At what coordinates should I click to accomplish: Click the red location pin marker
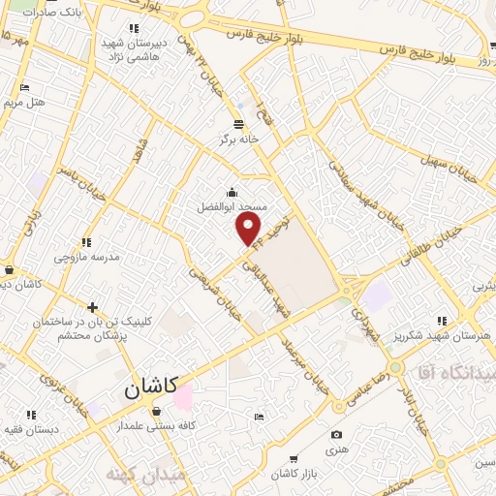tap(249, 229)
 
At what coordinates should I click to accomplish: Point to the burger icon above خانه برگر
tap(238, 123)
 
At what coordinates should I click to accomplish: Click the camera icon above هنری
tap(336, 435)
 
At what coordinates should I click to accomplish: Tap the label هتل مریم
tap(25, 102)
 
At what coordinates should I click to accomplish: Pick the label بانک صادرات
tap(52, 12)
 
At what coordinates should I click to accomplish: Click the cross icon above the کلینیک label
tap(92, 307)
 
